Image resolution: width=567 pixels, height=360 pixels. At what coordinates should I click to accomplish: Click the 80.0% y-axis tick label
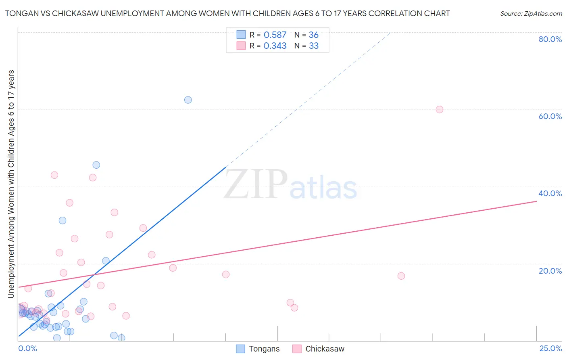(550, 39)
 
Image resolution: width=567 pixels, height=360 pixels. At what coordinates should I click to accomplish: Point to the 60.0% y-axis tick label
(550, 116)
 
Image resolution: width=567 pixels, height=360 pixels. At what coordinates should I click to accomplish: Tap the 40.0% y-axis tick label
(550, 193)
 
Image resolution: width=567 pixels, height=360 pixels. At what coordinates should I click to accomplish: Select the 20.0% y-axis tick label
(550, 270)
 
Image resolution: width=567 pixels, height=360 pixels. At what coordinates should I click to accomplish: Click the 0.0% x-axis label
(27, 348)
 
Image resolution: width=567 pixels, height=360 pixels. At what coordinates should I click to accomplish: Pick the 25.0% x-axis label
(550, 348)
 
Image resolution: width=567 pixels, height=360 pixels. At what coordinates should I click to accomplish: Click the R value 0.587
(275, 35)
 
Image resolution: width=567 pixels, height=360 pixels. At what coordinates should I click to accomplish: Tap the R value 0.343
(275, 46)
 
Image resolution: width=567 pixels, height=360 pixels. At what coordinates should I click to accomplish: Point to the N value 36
(313, 35)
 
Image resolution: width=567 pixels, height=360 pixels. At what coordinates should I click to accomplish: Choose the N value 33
(313, 46)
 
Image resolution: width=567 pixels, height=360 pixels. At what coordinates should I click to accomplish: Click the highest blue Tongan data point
(188, 100)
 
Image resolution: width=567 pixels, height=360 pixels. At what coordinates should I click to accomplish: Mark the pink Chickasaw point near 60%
(440, 109)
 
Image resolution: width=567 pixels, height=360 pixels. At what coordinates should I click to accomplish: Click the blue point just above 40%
(96, 165)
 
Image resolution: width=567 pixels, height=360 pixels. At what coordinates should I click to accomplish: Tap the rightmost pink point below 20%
(401, 276)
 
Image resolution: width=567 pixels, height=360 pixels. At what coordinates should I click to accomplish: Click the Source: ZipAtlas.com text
(531, 14)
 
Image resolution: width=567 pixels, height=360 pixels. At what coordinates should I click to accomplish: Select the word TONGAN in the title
(19, 14)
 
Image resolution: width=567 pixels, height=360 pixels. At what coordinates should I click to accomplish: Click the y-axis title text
(11, 184)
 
